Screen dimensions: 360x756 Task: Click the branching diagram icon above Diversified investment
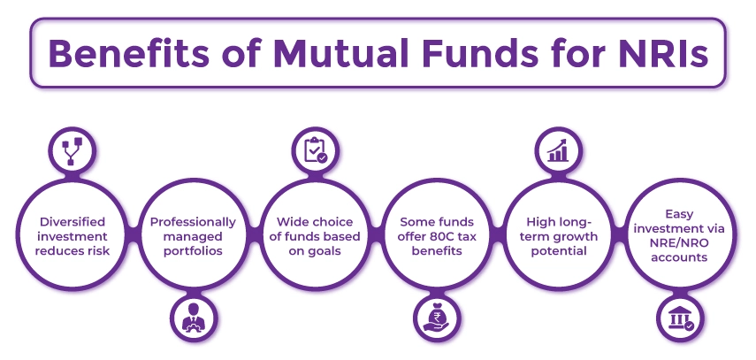[x=69, y=150]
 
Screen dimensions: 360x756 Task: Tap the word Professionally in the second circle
[x=192, y=221]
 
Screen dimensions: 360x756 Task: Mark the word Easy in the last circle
[x=682, y=213]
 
